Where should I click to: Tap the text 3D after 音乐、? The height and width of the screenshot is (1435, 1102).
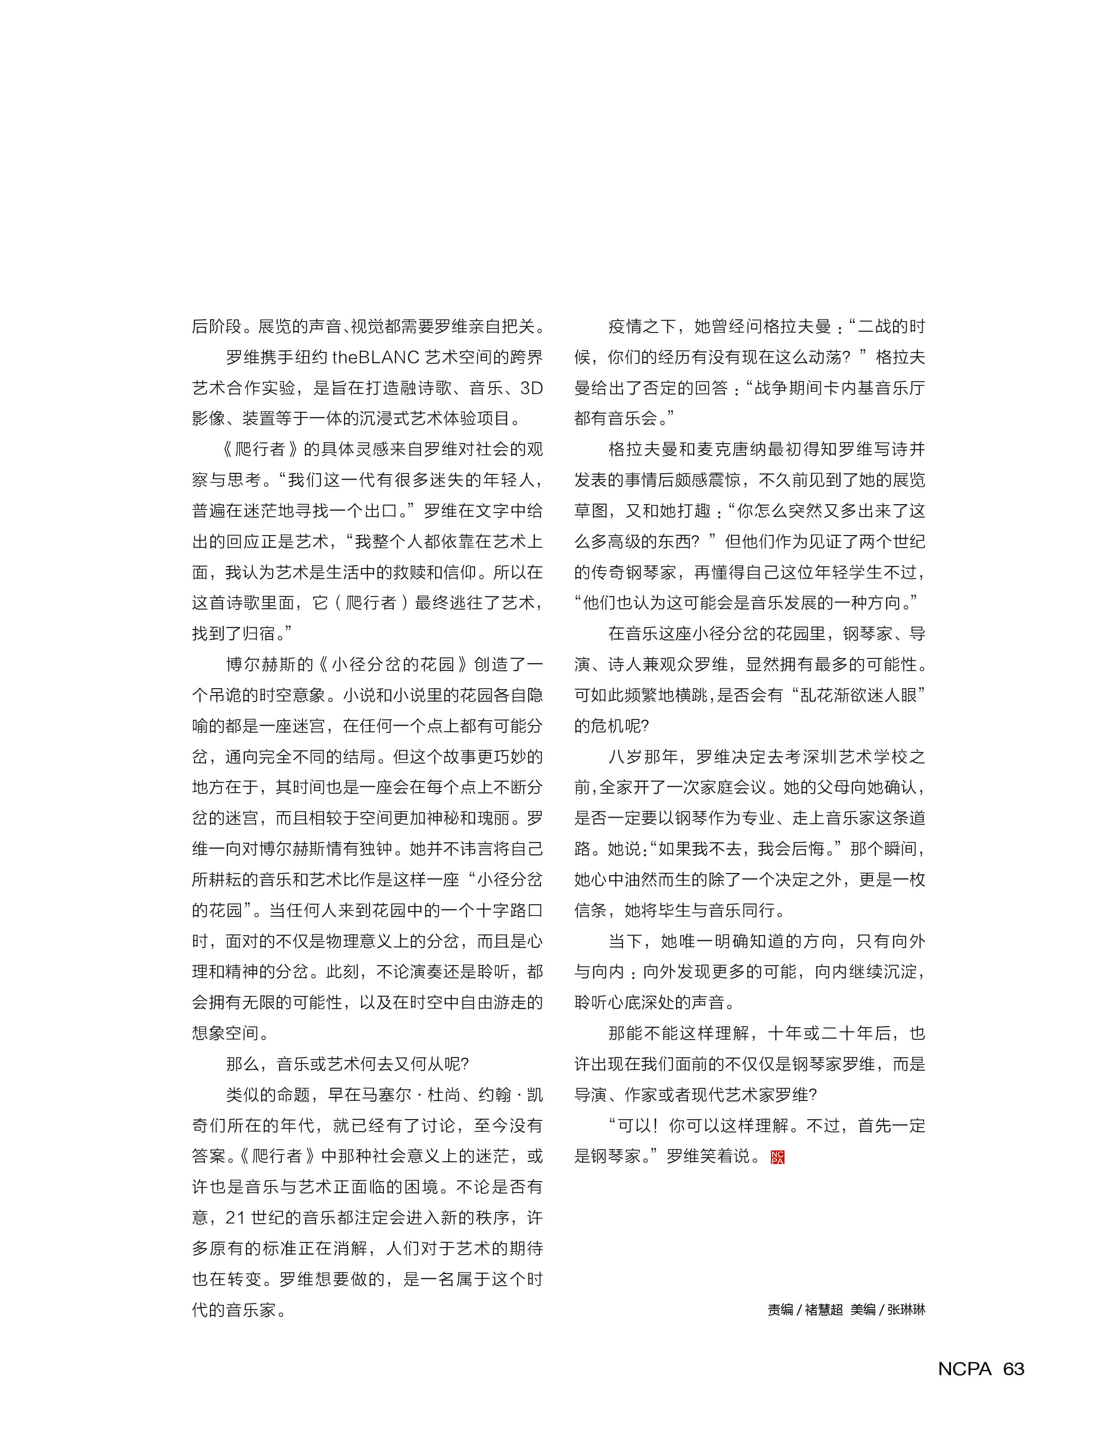pyautogui.click(x=531, y=388)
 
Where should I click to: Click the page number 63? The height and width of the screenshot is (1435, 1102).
pyautogui.click(x=1013, y=1369)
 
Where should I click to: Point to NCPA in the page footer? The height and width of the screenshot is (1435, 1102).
pyautogui.click(x=964, y=1369)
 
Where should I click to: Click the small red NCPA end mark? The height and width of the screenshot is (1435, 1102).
pyautogui.click(x=777, y=1157)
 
